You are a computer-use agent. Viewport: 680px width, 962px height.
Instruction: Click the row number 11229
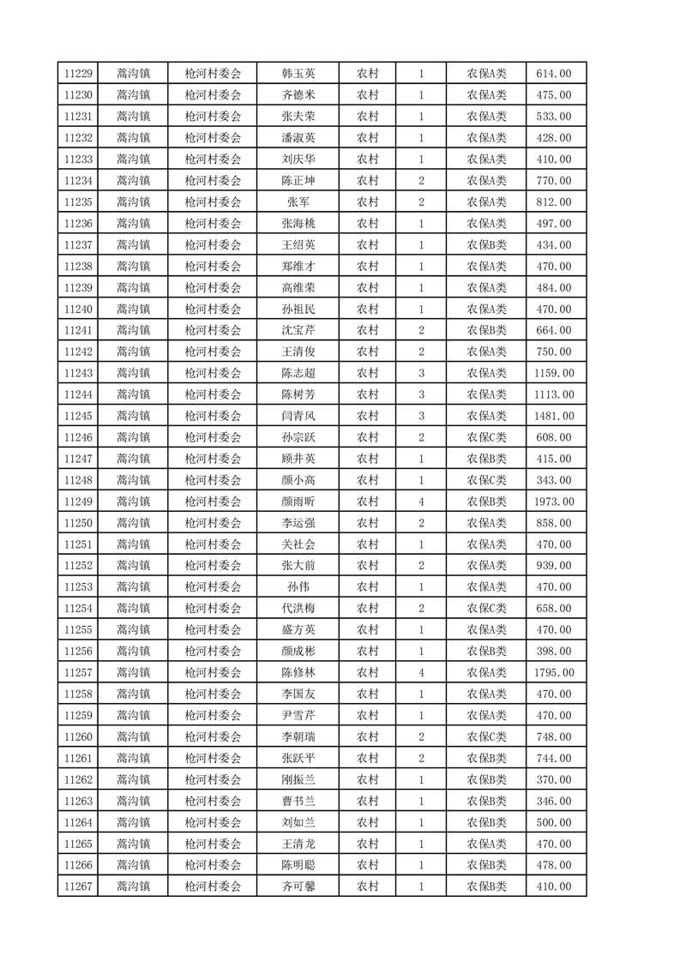coord(77,74)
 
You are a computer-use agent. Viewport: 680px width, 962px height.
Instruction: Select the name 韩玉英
coord(298,74)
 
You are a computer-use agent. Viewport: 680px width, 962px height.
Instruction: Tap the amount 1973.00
coord(553,502)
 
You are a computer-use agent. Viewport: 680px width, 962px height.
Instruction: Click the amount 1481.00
coord(553,416)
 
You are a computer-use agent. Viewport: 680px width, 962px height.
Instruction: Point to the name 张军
coord(298,202)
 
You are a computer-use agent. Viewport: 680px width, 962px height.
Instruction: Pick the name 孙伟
coord(298,587)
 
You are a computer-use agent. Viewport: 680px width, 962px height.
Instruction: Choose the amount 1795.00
coord(553,673)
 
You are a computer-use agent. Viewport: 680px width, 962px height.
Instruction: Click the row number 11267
coord(77,887)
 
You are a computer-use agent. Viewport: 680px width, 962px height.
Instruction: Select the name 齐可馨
coord(298,887)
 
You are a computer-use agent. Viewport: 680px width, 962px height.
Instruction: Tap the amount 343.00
coord(553,480)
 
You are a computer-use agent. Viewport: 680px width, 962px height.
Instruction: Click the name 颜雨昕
coord(298,502)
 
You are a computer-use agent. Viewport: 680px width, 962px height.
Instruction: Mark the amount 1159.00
coord(553,373)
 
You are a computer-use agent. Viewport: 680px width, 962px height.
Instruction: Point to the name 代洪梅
coord(298,609)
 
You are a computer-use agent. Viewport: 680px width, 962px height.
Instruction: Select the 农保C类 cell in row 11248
coord(486,480)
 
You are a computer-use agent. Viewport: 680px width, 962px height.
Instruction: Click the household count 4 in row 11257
coord(421,673)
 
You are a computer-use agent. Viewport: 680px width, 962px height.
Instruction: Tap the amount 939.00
coord(553,566)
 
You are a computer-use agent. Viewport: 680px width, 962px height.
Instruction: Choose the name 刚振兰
coord(298,779)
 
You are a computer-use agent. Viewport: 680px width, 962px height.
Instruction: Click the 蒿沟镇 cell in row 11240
coord(133,310)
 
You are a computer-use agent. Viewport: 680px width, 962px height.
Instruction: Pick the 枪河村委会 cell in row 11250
coord(213,523)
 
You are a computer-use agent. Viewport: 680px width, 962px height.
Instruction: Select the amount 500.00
coord(553,822)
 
